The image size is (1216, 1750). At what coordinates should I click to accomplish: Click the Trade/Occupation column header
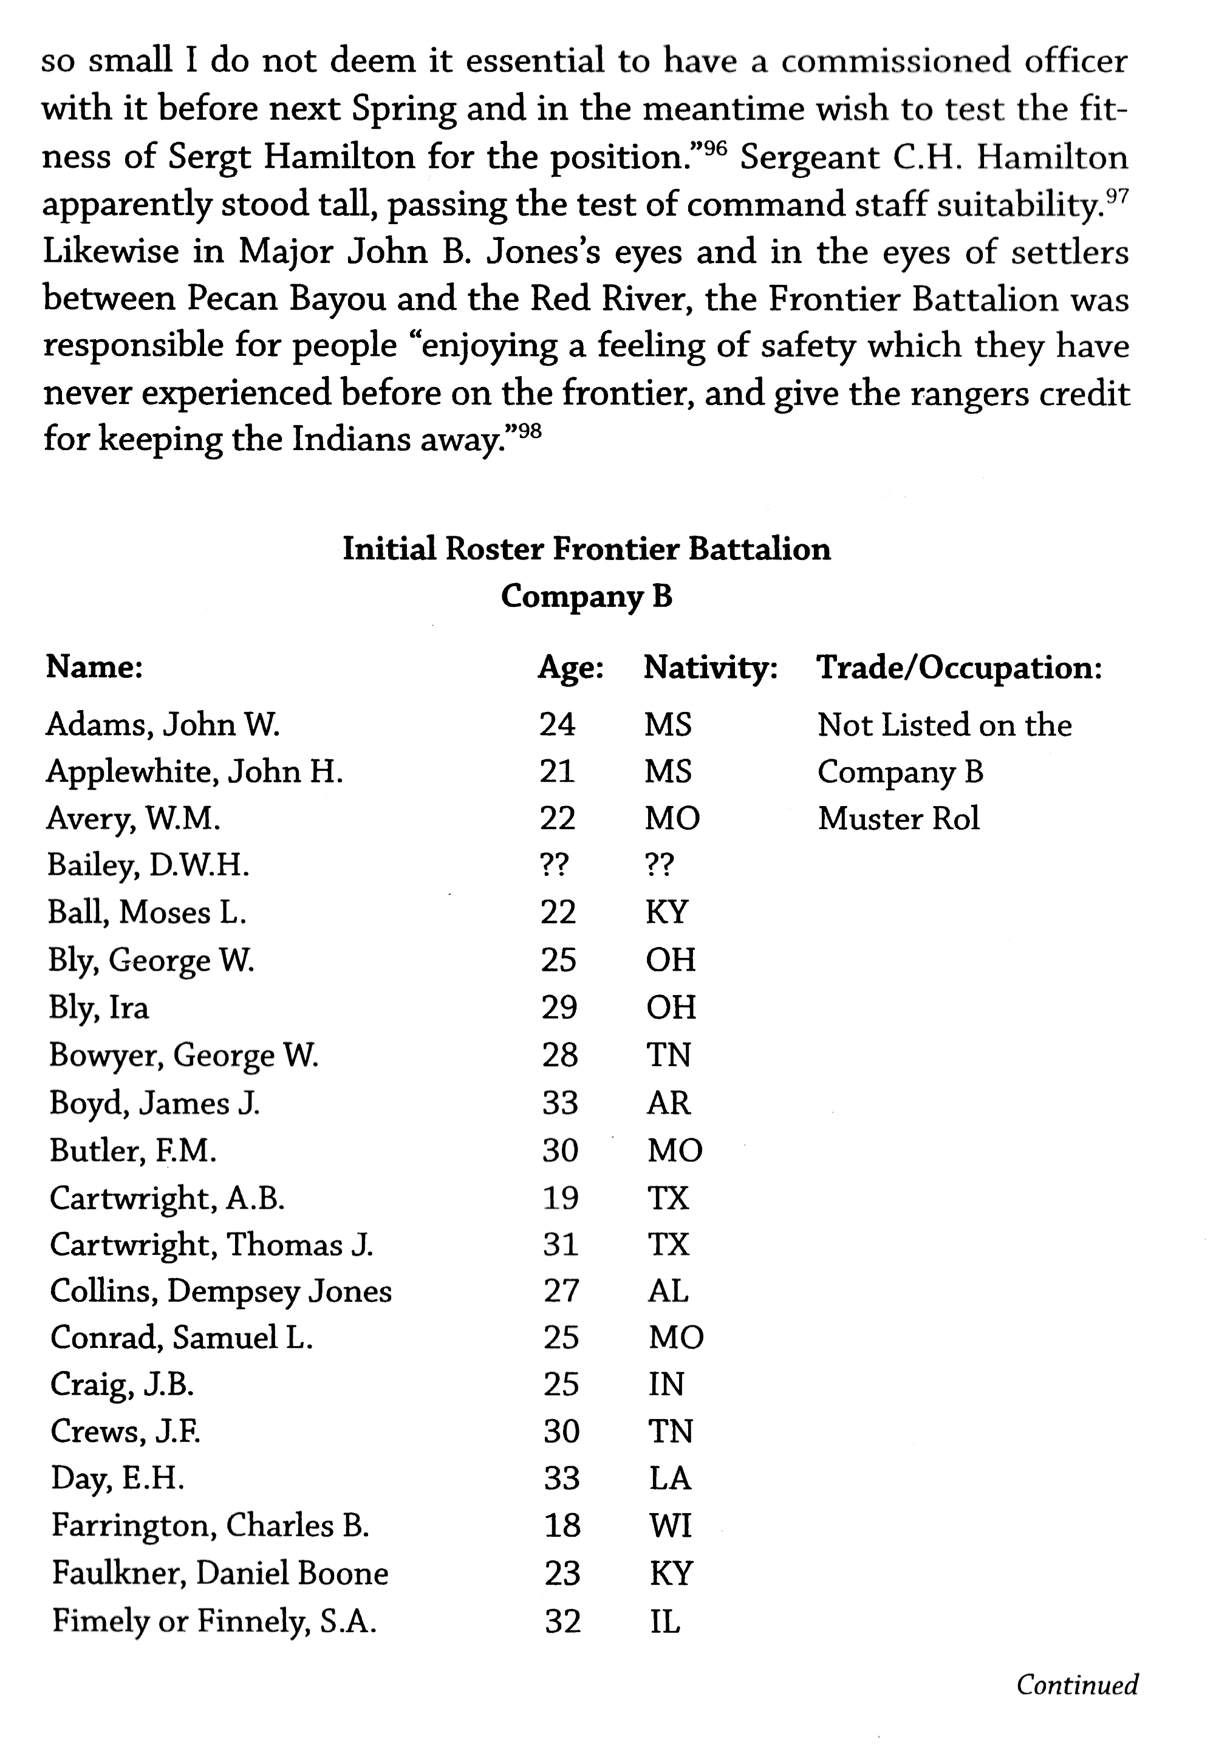coord(959,668)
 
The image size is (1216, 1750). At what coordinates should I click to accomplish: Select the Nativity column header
coord(710,668)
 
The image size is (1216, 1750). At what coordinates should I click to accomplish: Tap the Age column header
coord(571,668)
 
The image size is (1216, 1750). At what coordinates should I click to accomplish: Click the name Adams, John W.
coord(163,725)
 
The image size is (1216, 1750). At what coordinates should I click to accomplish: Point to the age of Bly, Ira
coord(558,1007)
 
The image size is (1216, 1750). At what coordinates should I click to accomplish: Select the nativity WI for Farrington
coord(671,1525)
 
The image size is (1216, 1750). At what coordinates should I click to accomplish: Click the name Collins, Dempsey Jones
coord(221,1291)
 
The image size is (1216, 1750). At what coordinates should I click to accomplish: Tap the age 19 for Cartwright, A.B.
coord(560,1198)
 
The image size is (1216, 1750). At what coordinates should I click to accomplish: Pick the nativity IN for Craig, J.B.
coord(666,1384)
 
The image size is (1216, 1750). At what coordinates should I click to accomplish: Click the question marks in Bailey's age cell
coord(554,866)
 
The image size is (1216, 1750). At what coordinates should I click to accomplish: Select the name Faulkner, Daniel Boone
coord(220,1573)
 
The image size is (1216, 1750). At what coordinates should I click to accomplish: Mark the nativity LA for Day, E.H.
coord(670,1478)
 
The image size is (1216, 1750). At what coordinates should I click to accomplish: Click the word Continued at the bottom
coord(1076,1684)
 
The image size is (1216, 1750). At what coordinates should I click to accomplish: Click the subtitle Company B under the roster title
coord(587,596)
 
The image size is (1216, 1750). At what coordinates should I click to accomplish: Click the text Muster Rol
coord(898,819)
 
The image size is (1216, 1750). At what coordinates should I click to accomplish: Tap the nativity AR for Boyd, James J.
coord(669,1102)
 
